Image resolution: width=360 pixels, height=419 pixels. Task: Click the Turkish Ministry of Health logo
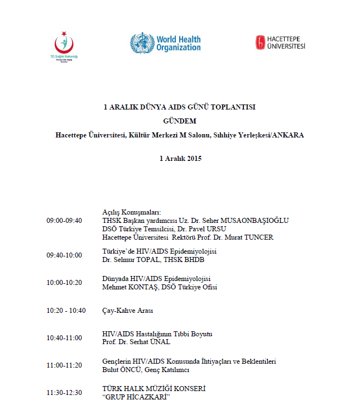click(64, 45)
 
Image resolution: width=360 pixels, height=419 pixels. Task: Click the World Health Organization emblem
click(142, 43)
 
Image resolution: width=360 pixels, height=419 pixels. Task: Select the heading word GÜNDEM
click(180, 120)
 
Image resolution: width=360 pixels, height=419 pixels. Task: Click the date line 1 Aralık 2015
click(180, 158)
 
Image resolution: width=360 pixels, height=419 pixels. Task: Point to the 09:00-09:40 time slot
click(64, 221)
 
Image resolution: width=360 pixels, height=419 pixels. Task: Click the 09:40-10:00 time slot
click(64, 255)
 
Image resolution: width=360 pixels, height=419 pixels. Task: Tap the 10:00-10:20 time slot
click(64, 283)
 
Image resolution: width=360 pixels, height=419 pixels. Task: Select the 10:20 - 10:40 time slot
click(66, 310)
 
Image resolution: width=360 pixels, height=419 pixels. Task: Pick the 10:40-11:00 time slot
click(64, 337)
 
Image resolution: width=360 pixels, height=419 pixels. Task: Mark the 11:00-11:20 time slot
click(64, 365)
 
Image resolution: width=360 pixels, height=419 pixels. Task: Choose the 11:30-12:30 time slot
click(64, 392)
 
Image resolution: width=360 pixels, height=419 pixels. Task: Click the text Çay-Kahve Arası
click(128, 310)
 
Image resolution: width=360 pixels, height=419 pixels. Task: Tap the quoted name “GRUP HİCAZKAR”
click(136, 397)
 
